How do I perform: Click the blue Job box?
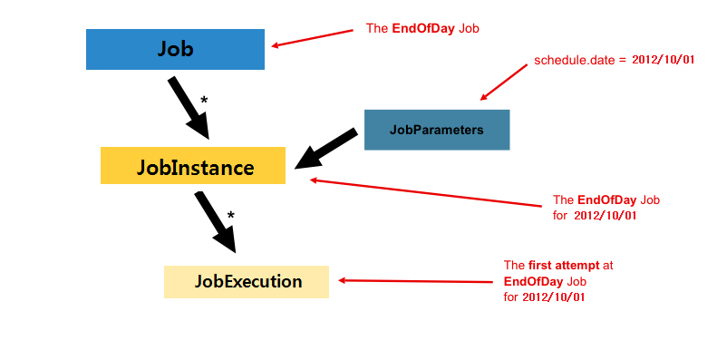(x=175, y=49)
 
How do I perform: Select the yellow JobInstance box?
(x=193, y=166)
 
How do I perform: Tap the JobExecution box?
(x=247, y=281)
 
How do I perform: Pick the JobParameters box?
(x=437, y=130)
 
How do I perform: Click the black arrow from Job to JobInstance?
(x=188, y=107)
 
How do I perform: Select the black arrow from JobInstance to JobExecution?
(x=215, y=219)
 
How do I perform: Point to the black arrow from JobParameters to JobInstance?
(x=326, y=148)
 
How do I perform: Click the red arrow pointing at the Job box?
(x=312, y=37)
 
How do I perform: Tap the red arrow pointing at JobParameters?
(x=502, y=81)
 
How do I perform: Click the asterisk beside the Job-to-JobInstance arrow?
(x=204, y=100)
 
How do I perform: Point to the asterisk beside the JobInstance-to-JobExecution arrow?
(x=231, y=216)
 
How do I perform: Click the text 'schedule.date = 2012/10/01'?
(x=601, y=59)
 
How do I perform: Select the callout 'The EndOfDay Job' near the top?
(x=421, y=28)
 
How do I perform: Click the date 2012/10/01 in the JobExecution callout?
(x=554, y=297)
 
